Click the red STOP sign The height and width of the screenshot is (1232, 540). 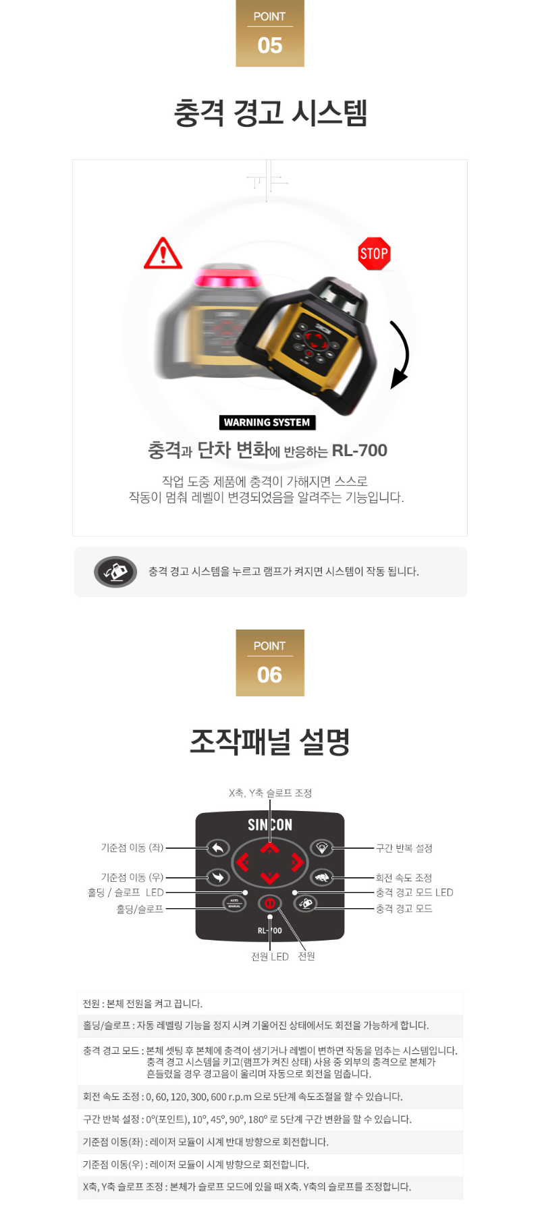click(x=374, y=254)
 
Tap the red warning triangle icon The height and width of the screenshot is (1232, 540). click(x=163, y=254)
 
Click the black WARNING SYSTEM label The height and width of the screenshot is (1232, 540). click(x=267, y=422)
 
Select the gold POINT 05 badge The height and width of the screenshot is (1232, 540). click(x=270, y=33)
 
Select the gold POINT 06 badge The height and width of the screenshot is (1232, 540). click(x=270, y=663)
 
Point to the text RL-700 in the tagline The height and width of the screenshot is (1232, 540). click(x=359, y=450)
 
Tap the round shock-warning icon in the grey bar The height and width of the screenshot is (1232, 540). click(x=115, y=572)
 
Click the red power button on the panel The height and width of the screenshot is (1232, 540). click(x=270, y=903)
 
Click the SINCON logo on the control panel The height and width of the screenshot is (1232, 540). click(x=270, y=824)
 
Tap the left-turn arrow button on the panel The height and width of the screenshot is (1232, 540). click(x=217, y=848)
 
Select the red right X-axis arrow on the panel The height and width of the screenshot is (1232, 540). click(x=297, y=862)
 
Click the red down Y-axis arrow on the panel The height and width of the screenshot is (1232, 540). click(x=270, y=878)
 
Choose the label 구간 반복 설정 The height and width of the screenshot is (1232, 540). click(x=404, y=848)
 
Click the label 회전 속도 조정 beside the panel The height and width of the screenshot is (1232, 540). click(x=404, y=878)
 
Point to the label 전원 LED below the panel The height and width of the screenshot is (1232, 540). click(x=270, y=957)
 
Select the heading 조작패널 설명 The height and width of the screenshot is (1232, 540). click(x=270, y=741)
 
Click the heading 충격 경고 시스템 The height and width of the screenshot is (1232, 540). click(x=270, y=112)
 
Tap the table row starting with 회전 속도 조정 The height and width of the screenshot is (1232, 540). click(x=270, y=1097)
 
